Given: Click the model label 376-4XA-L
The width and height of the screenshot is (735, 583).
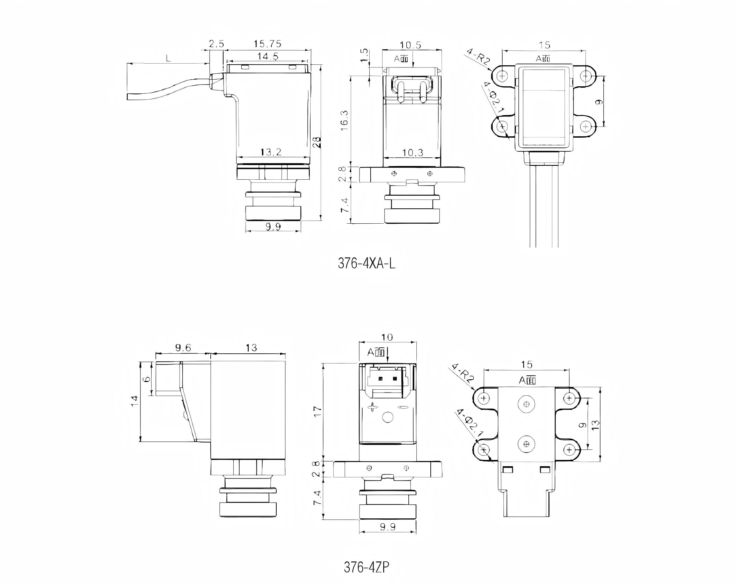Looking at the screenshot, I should (366, 263).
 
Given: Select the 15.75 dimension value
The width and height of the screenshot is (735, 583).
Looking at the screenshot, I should (267, 44).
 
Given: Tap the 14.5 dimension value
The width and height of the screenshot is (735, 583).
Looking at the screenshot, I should (268, 56).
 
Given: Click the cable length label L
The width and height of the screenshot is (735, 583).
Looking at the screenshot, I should (168, 58).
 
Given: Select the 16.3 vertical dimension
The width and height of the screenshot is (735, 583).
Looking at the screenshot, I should (344, 121).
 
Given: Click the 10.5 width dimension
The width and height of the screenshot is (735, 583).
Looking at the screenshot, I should (410, 45).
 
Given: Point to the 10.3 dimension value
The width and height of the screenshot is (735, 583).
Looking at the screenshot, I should (413, 152).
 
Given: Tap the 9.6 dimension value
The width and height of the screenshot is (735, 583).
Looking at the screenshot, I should (183, 347).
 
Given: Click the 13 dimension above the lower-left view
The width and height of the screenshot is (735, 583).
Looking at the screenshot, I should (251, 347).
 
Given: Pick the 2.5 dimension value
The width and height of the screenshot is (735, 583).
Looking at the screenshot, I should (216, 44).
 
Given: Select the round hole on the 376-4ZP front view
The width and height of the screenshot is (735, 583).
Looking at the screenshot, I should (388, 417).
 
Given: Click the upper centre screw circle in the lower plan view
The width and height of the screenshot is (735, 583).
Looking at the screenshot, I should (526, 404).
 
